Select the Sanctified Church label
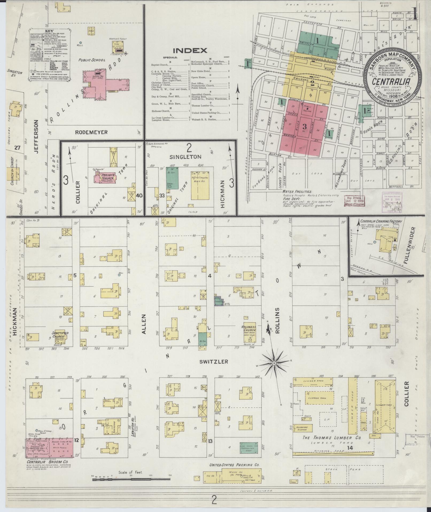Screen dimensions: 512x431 60,334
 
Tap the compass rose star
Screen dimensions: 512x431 274,363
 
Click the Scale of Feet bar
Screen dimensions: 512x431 131,479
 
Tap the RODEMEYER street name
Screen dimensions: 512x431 91,132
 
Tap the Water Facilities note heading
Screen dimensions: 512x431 296,191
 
